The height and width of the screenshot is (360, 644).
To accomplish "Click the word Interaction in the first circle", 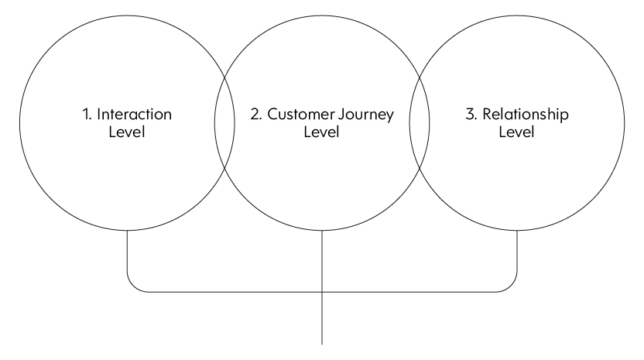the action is point(135,115).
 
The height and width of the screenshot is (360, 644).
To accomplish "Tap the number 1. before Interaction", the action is point(87,115).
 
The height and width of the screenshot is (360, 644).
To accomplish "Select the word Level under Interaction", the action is point(127,132).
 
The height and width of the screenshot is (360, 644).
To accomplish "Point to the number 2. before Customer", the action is point(256,115).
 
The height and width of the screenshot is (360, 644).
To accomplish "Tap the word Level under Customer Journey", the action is point(321,132).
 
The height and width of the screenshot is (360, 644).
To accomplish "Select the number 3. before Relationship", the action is point(471,115).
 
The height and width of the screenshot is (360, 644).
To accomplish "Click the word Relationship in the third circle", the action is point(526,115).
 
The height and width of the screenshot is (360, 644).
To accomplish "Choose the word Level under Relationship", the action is point(517,132).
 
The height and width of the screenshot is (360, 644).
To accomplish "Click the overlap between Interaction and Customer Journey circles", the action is point(224,123).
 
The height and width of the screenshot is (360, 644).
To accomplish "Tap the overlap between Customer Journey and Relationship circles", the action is point(420,123).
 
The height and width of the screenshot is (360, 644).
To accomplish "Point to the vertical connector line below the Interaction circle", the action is point(127,251).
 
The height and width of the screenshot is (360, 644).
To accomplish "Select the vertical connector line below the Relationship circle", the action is point(517,251).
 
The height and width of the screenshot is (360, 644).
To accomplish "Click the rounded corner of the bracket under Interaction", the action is point(133,286).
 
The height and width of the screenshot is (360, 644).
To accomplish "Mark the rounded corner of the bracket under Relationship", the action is point(511,286).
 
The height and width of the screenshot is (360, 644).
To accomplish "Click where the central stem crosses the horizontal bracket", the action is point(322,292).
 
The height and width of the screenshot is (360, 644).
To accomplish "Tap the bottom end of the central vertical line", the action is point(322,345).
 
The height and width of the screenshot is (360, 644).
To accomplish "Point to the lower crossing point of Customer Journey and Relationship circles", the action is point(420,169).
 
